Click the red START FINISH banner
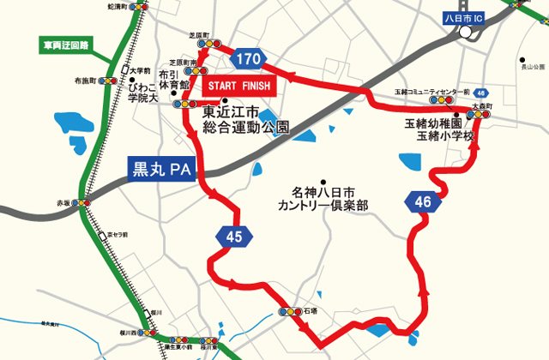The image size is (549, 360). [x=238, y=86]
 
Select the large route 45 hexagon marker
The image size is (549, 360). [x=235, y=237]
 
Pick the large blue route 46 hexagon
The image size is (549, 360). [x=422, y=202]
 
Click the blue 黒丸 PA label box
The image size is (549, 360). [x=160, y=169]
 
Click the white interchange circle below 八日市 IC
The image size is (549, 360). [x=466, y=33]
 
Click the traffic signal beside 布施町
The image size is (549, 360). [x=108, y=81]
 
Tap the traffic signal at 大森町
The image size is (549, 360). [x=479, y=114]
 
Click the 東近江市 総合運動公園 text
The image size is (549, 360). [x=244, y=118]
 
